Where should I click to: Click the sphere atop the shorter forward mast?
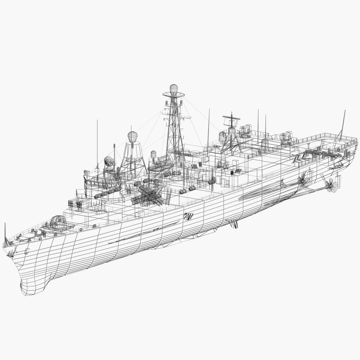pos(132,136)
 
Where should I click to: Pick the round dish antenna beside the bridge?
pos(109,162)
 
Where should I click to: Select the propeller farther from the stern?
pos(303,180)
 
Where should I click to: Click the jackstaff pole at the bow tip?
pos(5,233)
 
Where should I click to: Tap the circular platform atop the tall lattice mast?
pos(173,95)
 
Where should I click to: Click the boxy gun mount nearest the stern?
pos(286,137)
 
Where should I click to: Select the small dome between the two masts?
pos(153,154)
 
